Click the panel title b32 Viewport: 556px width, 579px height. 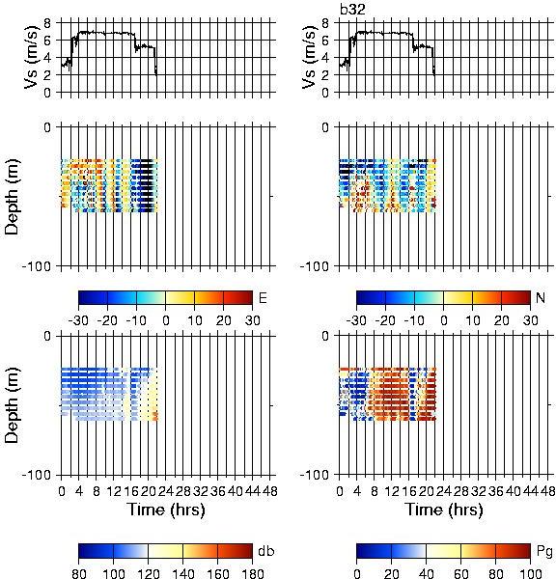352,10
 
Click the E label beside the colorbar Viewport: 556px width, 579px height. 263,297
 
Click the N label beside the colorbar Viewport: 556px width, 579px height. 541,297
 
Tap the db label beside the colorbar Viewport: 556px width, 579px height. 266,551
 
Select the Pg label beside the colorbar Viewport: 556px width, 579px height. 544,552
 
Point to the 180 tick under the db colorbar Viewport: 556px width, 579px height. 252,573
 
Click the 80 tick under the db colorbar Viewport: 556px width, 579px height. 79,573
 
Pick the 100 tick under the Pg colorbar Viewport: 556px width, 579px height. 531,573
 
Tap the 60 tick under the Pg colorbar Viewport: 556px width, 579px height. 460,573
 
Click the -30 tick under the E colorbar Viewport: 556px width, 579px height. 78,320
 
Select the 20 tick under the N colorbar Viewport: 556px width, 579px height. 501,320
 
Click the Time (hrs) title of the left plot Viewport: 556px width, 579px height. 166,510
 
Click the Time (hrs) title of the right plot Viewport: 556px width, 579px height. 444,510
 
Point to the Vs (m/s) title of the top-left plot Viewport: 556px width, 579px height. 32,57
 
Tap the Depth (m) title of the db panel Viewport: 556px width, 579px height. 12,406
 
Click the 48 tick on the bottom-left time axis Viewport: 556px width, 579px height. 269,491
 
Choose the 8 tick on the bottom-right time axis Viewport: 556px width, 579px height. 375,491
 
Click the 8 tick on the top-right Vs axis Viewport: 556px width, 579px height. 325,23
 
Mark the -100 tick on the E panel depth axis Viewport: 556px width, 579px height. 37,266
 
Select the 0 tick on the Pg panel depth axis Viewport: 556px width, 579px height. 325,336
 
